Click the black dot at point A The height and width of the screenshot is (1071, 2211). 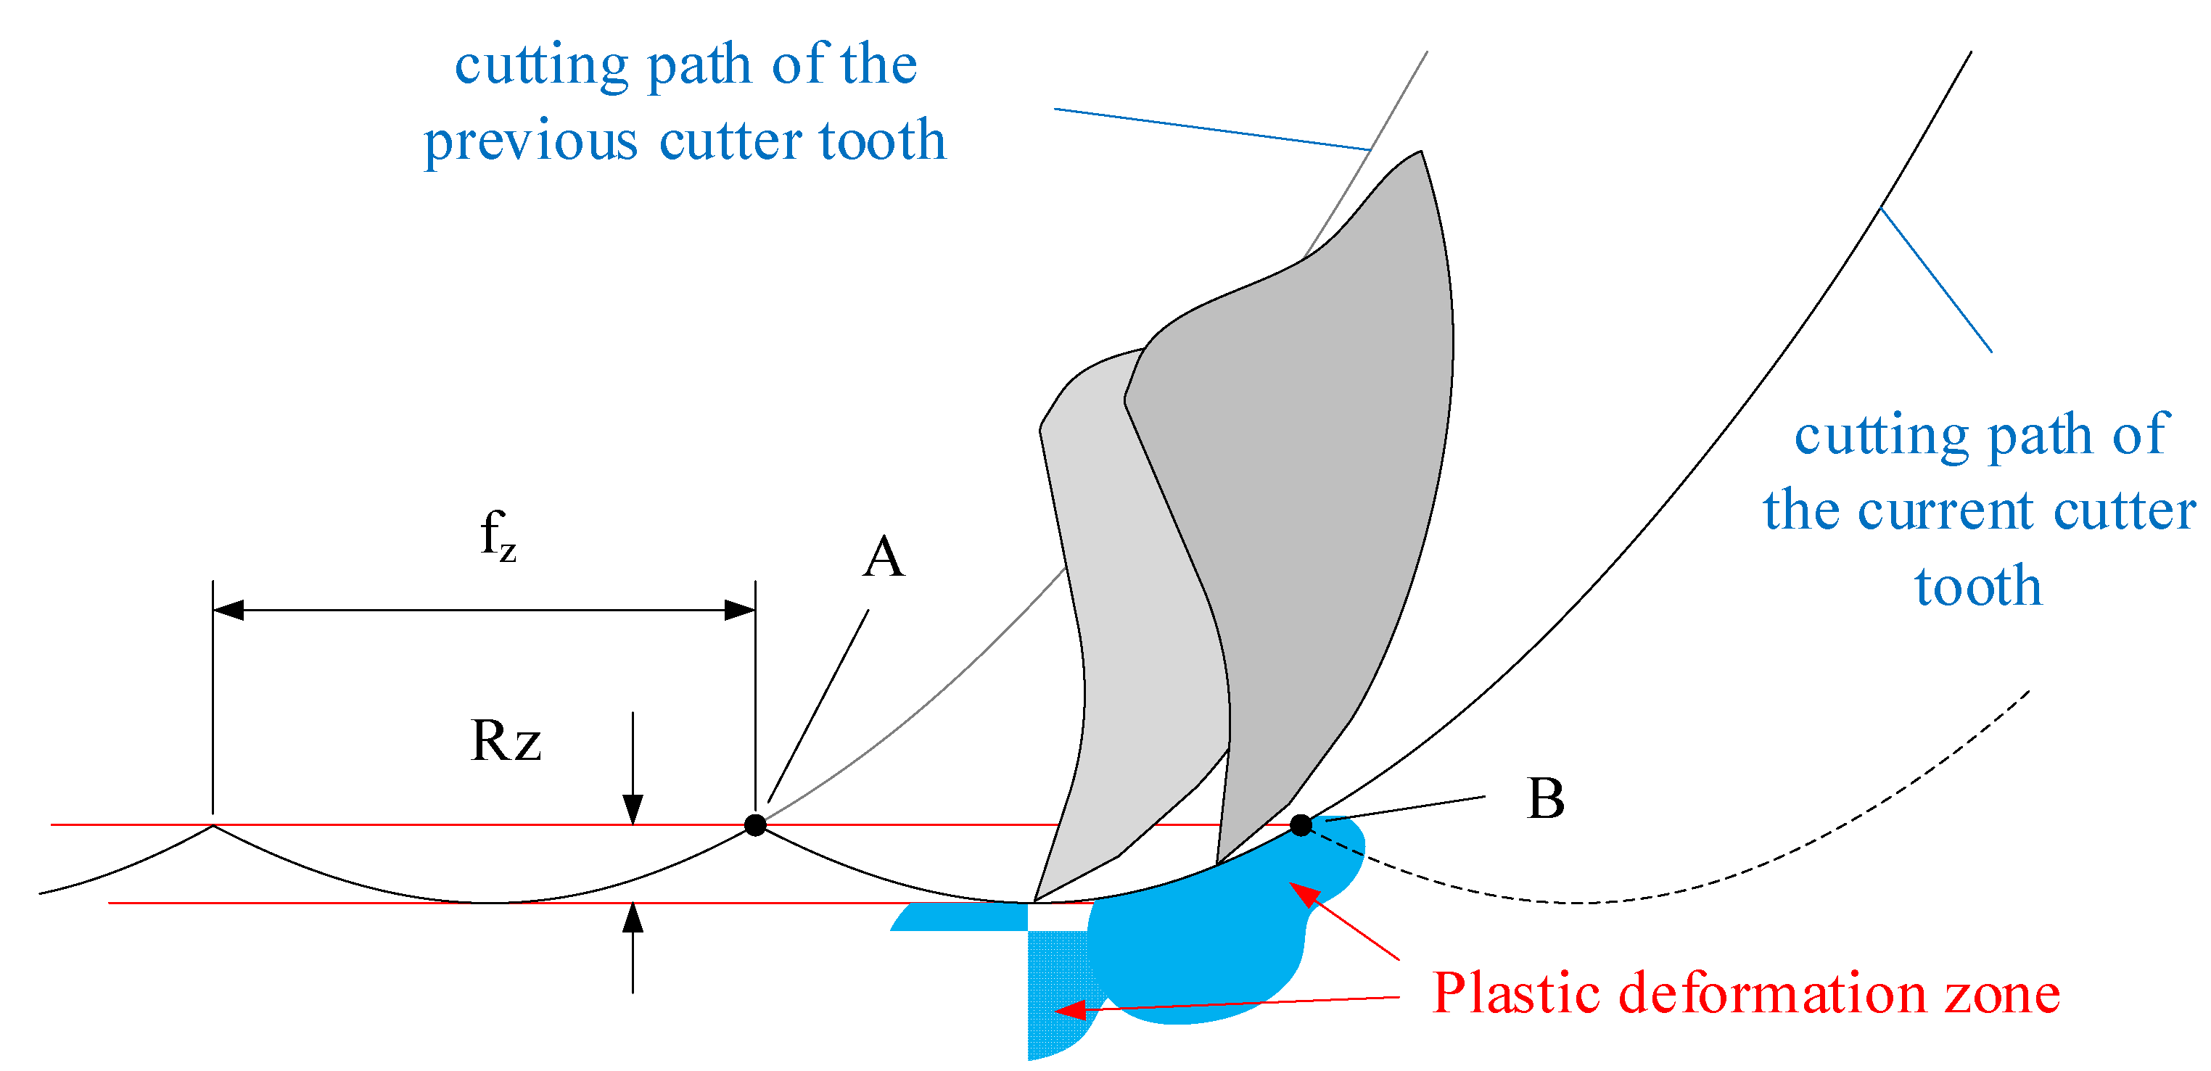point(755,824)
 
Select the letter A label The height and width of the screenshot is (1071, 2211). point(884,558)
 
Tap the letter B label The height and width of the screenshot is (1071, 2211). point(1546,799)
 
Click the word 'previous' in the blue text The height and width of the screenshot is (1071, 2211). point(530,141)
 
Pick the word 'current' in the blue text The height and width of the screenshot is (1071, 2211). point(1945,511)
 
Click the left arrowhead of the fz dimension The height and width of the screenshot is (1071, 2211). point(228,610)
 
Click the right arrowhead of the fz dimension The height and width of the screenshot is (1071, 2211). point(740,610)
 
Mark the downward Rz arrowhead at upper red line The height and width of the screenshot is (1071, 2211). point(633,809)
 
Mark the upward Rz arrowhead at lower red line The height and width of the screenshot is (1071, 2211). point(633,918)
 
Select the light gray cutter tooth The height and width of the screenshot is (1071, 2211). point(1116,600)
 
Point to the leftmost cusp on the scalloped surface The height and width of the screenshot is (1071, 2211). point(213,826)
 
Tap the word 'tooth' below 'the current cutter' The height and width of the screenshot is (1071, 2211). point(1978,587)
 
